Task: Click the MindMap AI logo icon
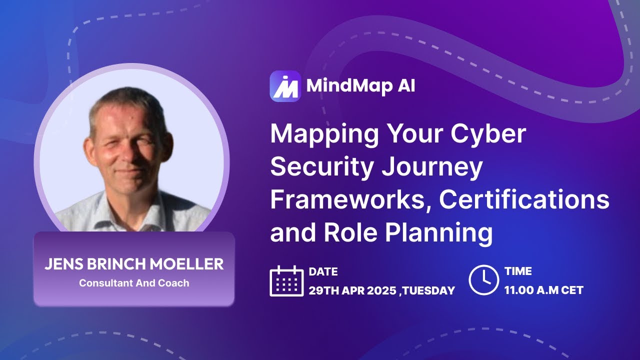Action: coord(285,86)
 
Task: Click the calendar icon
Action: coord(286,281)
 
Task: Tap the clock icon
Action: coord(483,280)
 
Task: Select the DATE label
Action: coord(323,272)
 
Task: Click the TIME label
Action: coord(518,271)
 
